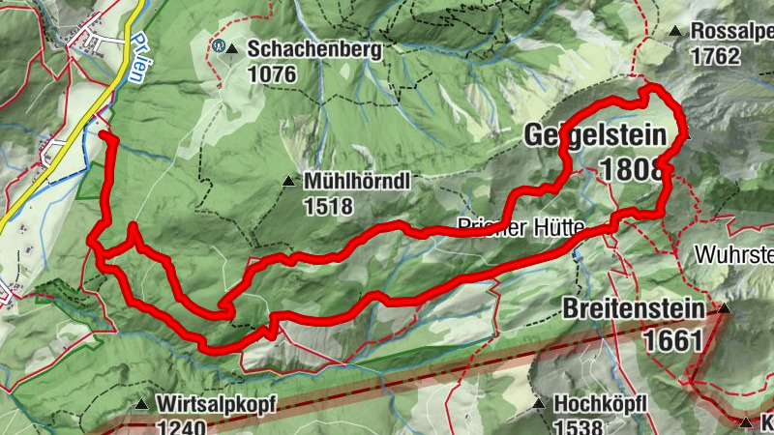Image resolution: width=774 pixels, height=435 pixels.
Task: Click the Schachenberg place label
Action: click(301, 47)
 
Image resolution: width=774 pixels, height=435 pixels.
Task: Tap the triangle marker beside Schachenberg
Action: click(231, 46)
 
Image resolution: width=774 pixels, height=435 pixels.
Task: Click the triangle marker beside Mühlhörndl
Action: click(287, 181)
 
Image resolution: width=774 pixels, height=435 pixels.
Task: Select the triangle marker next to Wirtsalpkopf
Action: click(143, 404)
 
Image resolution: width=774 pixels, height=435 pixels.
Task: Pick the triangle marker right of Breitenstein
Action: click(723, 309)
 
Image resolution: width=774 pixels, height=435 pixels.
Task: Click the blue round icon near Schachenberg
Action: click(218, 44)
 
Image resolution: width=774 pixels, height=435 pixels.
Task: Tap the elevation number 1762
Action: click(715, 56)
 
